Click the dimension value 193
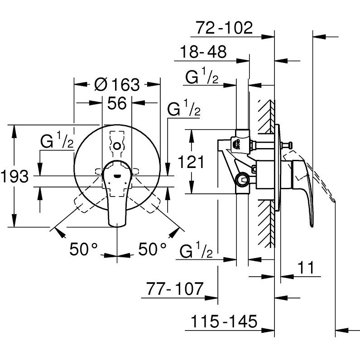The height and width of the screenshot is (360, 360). click(15, 177)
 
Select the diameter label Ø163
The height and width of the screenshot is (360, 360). click(117, 85)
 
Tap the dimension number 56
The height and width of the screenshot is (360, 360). click(116, 104)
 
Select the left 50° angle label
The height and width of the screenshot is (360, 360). click(84, 249)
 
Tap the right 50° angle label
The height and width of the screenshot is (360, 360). click(152, 249)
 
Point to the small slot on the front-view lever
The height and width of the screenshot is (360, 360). click(117, 177)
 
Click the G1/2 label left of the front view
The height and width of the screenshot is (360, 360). click(57, 142)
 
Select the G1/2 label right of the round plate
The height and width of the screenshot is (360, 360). click(184, 110)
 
